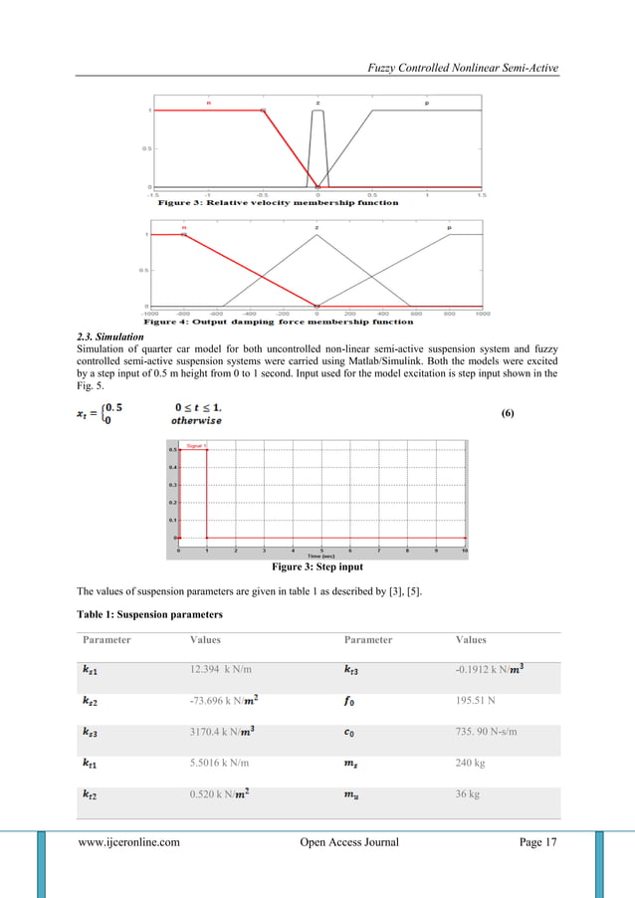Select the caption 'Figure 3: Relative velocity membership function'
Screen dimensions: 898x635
click(x=271, y=202)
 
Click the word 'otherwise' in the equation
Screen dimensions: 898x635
click(x=196, y=420)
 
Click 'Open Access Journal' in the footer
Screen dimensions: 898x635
click(x=349, y=842)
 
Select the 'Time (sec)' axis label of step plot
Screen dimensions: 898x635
click(x=320, y=556)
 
